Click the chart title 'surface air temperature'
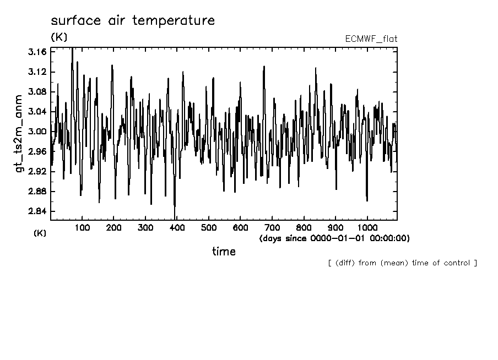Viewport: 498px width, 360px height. click(x=133, y=21)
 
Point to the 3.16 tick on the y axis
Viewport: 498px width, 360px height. click(x=39, y=52)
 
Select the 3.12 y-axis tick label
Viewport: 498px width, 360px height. click(x=39, y=72)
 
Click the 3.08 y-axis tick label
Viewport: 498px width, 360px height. click(x=39, y=92)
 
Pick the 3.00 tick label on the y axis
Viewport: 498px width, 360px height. click(x=39, y=132)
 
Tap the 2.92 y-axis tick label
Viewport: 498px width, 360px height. click(x=39, y=172)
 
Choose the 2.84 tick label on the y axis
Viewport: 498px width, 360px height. click(x=39, y=211)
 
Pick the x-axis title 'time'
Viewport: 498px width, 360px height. click(x=224, y=252)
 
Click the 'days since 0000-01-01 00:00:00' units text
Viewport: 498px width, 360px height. click(x=334, y=238)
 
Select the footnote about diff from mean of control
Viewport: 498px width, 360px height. click(x=402, y=263)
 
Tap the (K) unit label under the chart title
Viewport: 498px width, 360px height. click(x=59, y=37)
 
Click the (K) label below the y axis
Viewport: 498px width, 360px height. click(x=40, y=233)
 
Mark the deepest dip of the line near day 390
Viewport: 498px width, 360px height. click(x=175, y=218)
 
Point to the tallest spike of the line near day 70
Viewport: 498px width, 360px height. click(x=72, y=49)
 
